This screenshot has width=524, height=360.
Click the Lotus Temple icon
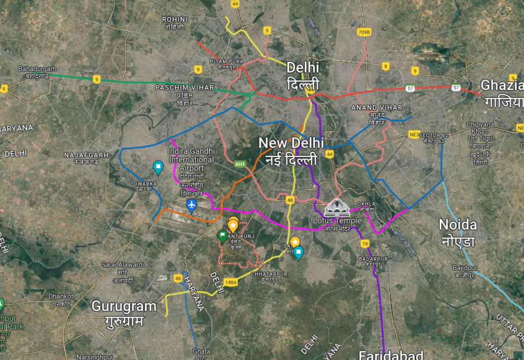[337, 207]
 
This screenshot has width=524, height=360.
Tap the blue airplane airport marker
[191, 206]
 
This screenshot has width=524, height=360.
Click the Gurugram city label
[124, 306]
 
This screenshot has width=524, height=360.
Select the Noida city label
[457, 224]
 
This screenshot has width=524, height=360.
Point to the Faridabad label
[391, 354]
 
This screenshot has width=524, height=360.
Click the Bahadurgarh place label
[37, 69]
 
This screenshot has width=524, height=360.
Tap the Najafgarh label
[86, 154]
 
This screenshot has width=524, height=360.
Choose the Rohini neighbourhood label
[175, 19]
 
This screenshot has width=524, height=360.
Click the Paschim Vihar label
[185, 88]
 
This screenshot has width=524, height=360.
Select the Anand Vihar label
[377, 108]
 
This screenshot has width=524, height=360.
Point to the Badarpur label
[373, 259]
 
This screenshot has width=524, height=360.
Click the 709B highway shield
[363, 33]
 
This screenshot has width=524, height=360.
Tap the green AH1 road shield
[239, 164]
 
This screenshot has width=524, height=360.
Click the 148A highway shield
[231, 282]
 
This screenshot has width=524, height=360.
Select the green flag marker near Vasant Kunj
[222, 236]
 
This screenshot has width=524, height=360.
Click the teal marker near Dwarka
[158, 167]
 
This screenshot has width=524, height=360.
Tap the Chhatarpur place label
[269, 274]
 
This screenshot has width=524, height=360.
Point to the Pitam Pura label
[226, 61]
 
